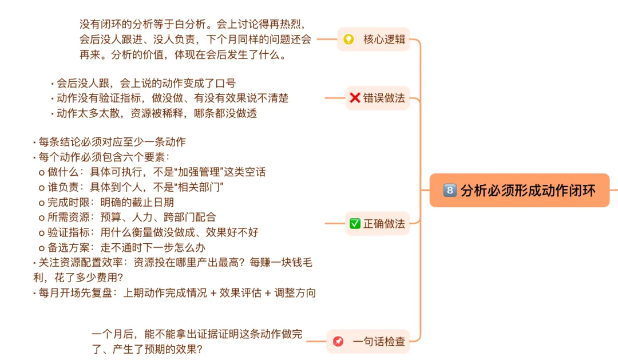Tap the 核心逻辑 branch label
click(384, 39)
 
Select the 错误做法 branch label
click(384, 98)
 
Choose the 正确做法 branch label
click(384, 224)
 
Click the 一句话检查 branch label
click(378, 342)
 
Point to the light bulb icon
click(348, 39)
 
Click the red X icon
click(355, 98)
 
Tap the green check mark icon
click(355, 224)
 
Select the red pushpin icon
click(338, 342)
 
